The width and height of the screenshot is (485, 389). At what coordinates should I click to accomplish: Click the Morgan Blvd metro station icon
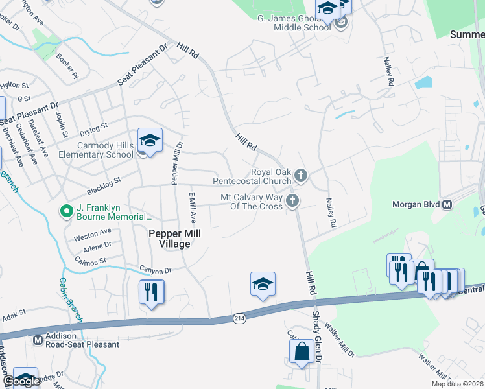[x=447, y=205]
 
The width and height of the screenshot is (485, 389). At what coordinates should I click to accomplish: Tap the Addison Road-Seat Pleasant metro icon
[x=38, y=338]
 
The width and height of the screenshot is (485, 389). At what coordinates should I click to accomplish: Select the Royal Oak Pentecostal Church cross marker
[x=300, y=174]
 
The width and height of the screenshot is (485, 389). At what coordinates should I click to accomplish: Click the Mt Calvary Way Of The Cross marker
[x=292, y=200]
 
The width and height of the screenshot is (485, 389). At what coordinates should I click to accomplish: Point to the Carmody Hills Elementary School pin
[x=150, y=140]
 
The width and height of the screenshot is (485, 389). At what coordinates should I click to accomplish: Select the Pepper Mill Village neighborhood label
[x=174, y=239]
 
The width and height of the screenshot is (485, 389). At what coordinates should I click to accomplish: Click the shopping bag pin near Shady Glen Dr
[x=302, y=352]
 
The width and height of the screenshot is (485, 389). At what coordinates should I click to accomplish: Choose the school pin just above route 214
[x=263, y=284]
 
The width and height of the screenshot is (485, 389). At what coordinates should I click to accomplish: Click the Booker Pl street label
[x=67, y=65]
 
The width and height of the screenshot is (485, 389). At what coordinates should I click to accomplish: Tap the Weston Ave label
[x=92, y=232]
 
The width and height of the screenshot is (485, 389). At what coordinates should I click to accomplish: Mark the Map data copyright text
[x=458, y=384]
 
